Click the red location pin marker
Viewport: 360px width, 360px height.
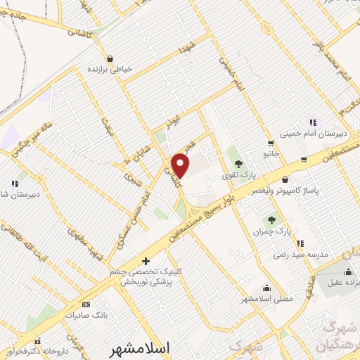click(x=181, y=165)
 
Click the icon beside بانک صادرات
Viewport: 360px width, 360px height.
click(x=86, y=304)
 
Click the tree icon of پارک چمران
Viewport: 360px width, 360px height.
click(x=271, y=221)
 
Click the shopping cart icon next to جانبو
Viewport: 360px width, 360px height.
click(x=303, y=159)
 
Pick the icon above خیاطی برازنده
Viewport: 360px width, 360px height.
click(x=110, y=59)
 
